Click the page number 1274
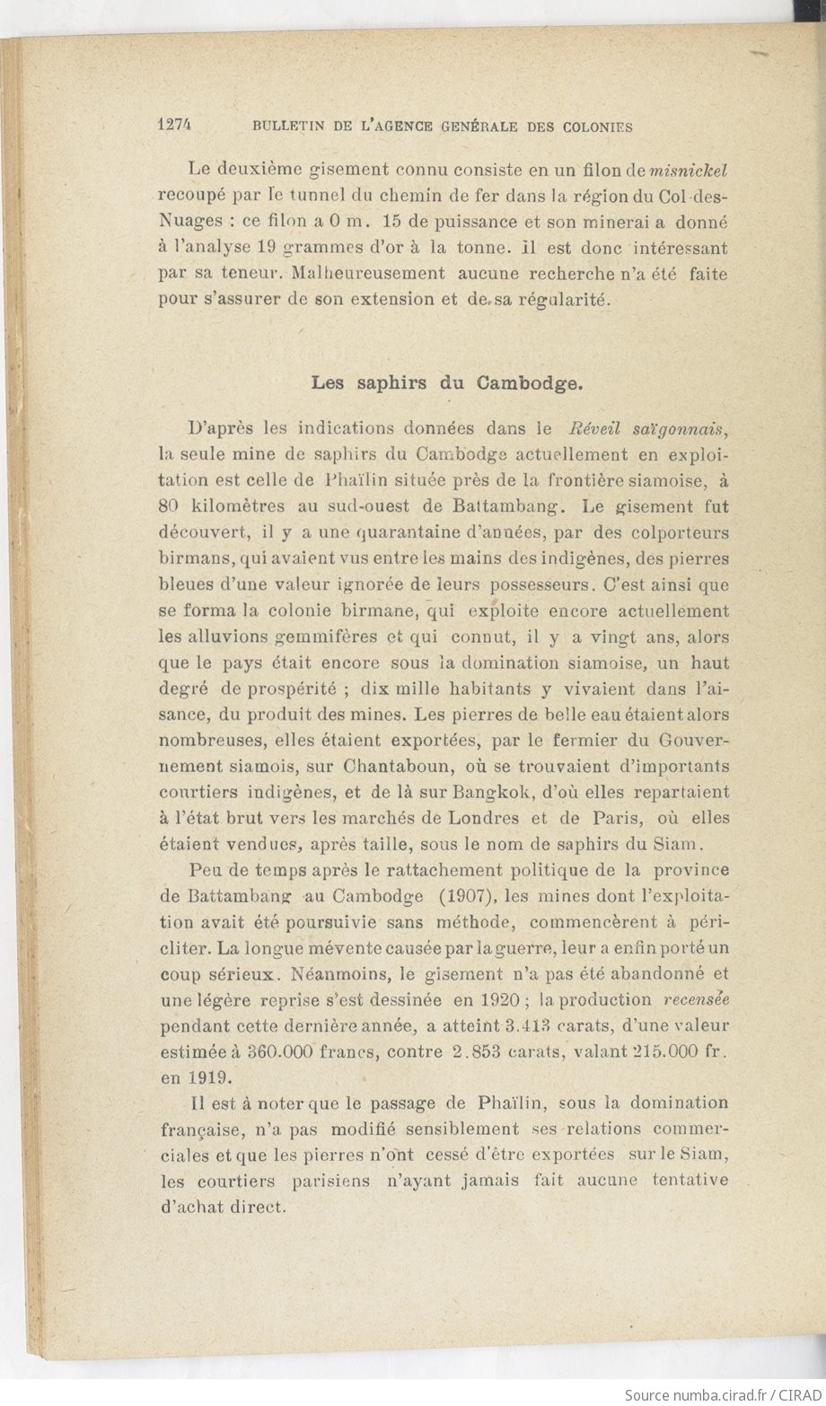click(x=177, y=127)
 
